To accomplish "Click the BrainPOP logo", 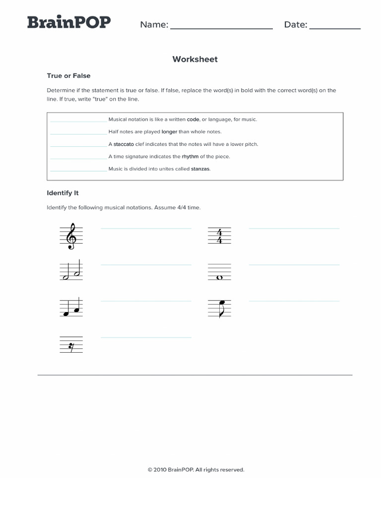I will pyautogui.click(x=68, y=23).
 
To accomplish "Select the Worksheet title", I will pyautogui.click(x=195, y=60).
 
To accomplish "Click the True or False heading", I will pyautogui.click(x=68, y=76).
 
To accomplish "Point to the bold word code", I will pyautogui.click(x=193, y=120).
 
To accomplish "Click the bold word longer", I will pyautogui.click(x=169, y=132).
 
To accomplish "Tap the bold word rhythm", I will pyautogui.click(x=190, y=157).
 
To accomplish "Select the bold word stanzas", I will pyautogui.click(x=200, y=169).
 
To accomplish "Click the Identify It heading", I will pyautogui.click(x=63, y=193).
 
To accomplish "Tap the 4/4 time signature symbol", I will pyautogui.click(x=219, y=236).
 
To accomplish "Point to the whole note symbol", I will pyautogui.click(x=219, y=277).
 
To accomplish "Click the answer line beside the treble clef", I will pyautogui.click(x=146, y=228).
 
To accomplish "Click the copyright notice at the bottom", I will pyautogui.click(x=196, y=470).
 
